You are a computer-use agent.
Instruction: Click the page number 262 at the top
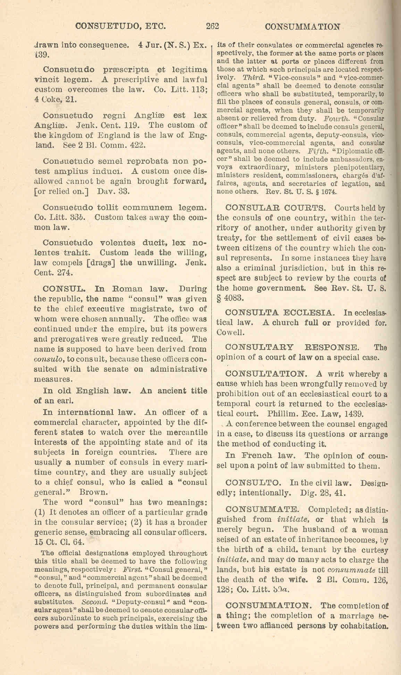[x=212, y=26]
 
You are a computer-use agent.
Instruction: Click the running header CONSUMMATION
[x=302, y=27]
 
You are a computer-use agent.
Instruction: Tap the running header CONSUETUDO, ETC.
[x=120, y=26]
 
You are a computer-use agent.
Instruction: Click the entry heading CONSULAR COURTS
[x=276, y=208]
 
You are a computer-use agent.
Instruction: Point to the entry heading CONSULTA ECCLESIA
[x=280, y=313]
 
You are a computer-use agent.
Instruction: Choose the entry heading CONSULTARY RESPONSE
[x=292, y=347]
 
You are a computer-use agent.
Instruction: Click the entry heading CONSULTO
[x=253, y=483]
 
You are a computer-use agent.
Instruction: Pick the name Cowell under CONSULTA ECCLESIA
[x=231, y=332]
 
